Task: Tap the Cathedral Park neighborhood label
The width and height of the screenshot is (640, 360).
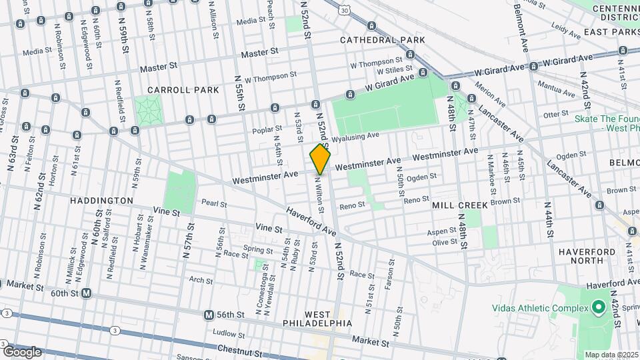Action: point(382,40)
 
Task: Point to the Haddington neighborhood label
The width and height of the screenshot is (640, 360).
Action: point(102,200)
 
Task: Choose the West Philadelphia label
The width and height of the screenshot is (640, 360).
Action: point(327,319)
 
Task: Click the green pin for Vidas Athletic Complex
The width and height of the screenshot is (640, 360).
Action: point(598,307)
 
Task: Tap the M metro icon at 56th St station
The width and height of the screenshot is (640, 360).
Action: point(209,315)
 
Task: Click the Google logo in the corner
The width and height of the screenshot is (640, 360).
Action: point(22,351)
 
